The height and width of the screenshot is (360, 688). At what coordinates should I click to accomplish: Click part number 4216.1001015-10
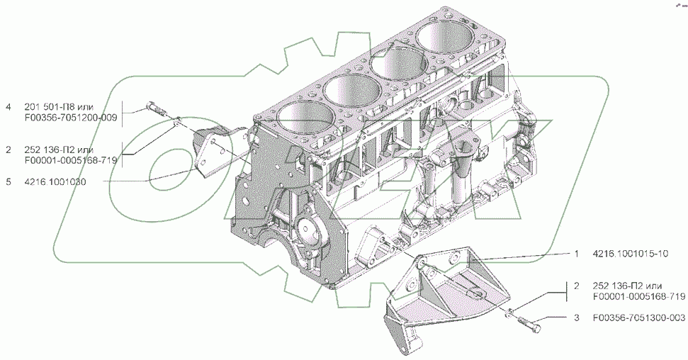point(630,254)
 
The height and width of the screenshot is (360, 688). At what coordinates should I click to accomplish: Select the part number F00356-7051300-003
point(638,317)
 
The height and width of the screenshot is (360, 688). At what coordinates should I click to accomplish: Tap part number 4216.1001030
point(55,181)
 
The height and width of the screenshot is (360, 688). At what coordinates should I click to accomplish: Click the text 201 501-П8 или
point(59,107)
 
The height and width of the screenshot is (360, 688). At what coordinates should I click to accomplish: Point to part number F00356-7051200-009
point(71,118)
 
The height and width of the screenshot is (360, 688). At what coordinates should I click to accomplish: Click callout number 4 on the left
point(8,107)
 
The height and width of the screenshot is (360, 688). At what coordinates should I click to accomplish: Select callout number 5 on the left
point(8,181)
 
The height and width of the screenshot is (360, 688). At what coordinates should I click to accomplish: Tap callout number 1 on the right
point(577,254)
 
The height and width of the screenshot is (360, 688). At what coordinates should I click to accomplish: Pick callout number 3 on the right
point(577,317)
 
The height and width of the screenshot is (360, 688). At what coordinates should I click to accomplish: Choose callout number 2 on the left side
point(8,150)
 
